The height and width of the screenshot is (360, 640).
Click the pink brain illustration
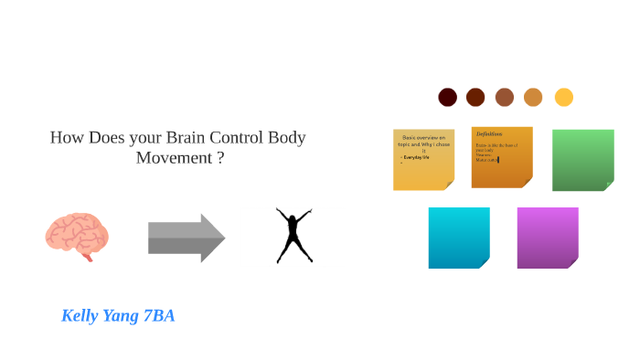(77, 236)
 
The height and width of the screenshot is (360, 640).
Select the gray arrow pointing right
(187, 238)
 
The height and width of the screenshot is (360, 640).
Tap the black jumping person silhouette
(294, 236)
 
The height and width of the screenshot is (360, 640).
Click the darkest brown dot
(447, 97)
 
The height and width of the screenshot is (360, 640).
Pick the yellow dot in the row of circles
(564, 97)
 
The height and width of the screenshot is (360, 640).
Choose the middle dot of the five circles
(505, 97)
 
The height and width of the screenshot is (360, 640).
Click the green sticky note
(582, 159)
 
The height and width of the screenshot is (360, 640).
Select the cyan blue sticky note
(458, 238)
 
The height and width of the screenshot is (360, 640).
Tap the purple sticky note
(547, 238)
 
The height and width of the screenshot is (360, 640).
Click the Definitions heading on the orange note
(489, 133)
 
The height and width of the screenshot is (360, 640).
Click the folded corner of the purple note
(572, 263)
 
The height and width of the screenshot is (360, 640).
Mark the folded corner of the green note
(608, 185)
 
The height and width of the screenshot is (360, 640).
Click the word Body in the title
(287, 138)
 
